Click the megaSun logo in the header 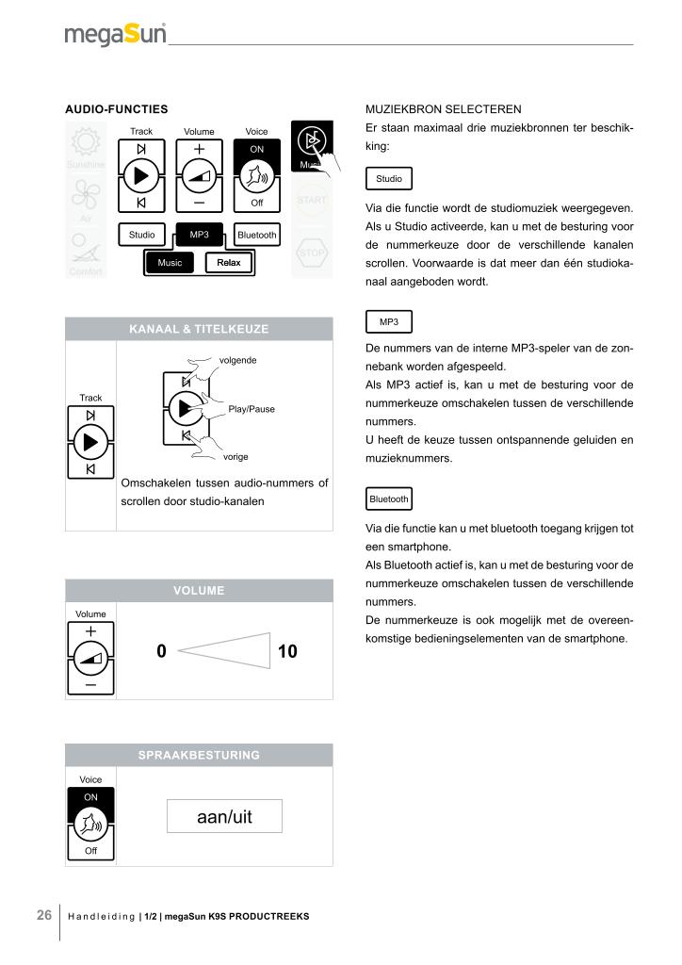[x=116, y=35]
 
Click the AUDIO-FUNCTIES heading [x=116, y=109]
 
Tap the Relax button [x=229, y=263]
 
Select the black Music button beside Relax [x=170, y=263]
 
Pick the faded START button [x=312, y=200]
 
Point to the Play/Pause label [x=252, y=409]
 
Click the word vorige [x=235, y=456]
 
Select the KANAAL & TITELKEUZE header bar [x=199, y=329]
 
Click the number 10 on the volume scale [x=287, y=650]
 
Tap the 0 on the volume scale [x=161, y=650]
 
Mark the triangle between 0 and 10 [x=226, y=650]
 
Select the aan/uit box [x=223, y=816]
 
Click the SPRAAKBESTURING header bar [x=199, y=755]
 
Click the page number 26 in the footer [x=44, y=915]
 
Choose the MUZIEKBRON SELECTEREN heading [x=442, y=109]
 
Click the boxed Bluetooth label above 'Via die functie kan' [x=388, y=499]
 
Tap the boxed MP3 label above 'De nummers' [x=388, y=322]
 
